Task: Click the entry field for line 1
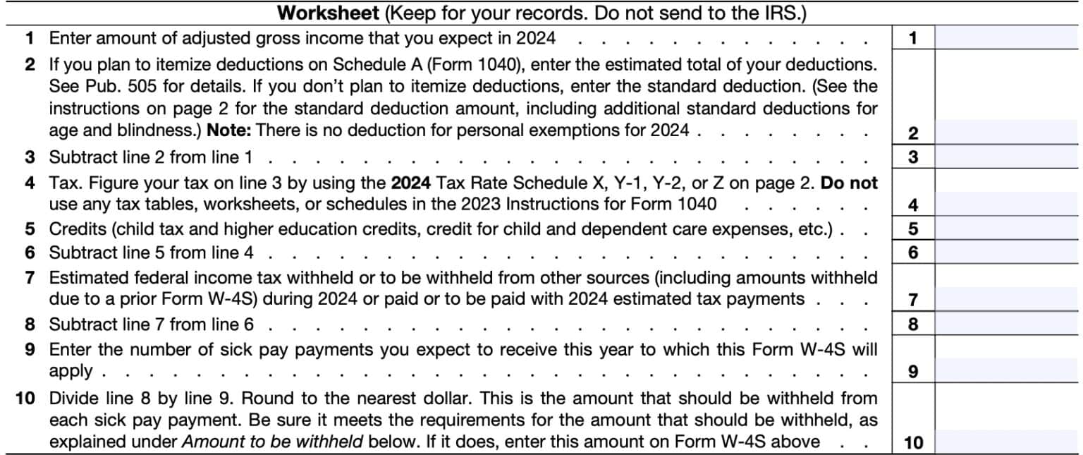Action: (1007, 37)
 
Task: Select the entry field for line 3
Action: (1007, 156)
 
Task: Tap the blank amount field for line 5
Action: (1007, 229)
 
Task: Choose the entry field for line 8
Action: (1007, 324)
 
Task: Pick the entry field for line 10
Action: (1007, 442)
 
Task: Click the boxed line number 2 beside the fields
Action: (913, 133)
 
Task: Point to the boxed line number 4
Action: (913, 205)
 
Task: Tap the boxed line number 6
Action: (913, 252)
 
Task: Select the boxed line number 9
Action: (913, 371)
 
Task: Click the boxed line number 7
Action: (913, 300)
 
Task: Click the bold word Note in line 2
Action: (227, 131)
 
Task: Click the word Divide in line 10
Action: (73, 398)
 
